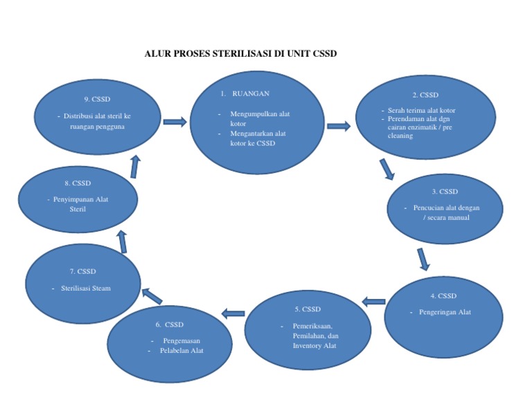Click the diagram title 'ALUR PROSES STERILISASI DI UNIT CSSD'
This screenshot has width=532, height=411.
[x=240, y=53]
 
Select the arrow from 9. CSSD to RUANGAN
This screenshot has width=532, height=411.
[x=175, y=122]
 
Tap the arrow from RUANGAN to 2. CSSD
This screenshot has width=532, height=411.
[x=339, y=126]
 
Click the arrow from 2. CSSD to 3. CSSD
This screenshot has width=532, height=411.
[x=387, y=169]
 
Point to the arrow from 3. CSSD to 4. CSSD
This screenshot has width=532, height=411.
[x=423, y=258]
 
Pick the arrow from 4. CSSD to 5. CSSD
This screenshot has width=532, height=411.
[x=374, y=301]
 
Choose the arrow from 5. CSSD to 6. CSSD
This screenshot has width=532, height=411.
[x=233, y=314]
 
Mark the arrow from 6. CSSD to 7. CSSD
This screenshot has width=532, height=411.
[x=152, y=296]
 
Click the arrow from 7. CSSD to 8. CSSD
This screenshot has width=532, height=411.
[x=123, y=241]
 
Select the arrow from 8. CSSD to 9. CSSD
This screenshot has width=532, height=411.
[x=134, y=166]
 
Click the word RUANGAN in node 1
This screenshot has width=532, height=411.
[x=251, y=93]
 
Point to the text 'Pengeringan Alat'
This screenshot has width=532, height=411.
[x=445, y=312]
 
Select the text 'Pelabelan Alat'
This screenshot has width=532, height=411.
[x=181, y=351]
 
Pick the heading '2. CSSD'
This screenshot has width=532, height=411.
[x=425, y=95]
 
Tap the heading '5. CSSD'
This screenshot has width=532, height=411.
[x=308, y=309]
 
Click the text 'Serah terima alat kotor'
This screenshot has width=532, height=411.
[x=421, y=110]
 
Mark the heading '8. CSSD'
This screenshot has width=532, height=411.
[x=77, y=183]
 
